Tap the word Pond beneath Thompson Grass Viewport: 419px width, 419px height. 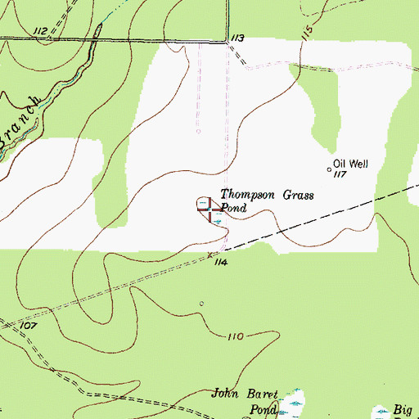[x=233, y=208]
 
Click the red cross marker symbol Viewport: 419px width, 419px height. [x=210, y=209]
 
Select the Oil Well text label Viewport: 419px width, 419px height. [x=351, y=164]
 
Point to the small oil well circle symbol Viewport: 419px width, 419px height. [x=330, y=170]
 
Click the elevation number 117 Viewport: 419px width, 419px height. [x=341, y=174]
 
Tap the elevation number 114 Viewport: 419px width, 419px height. [x=219, y=262]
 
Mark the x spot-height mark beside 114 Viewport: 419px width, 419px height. [x=209, y=255]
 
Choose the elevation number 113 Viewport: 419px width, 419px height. [x=238, y=38]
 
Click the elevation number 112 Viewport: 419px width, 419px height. [x=41, y=30]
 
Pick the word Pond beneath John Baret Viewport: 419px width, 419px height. [x=264, y=409]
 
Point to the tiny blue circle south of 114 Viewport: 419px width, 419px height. [x=202, y=304]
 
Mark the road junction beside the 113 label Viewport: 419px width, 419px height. [x=226, y=42]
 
